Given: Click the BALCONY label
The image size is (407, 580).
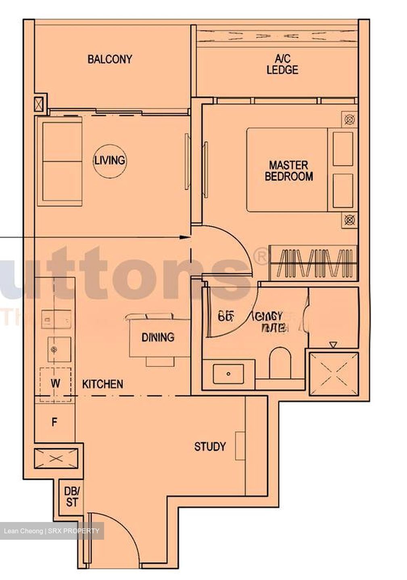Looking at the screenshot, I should (110, 59).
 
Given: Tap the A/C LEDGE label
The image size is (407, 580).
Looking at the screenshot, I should (282, 64).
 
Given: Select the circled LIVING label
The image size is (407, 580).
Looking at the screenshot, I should (109, 160).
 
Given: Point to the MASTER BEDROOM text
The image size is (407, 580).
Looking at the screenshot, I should (288, 171).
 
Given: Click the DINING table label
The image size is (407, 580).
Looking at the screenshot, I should (158, 337).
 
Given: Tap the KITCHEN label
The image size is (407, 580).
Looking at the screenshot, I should (102, 384).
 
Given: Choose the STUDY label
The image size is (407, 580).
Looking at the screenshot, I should (210, 447).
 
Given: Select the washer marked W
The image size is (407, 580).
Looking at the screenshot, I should (55, 383).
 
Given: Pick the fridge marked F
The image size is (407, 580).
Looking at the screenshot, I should (54, 422).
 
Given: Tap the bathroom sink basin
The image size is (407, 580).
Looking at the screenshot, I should (228, 374).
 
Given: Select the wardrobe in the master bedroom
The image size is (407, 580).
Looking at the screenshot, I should (313, 263).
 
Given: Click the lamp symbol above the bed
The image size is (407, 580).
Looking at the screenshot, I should (349, 120).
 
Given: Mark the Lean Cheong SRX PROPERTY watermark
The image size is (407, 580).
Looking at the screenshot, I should (52, 531).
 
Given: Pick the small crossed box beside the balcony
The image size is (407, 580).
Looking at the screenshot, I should (39, 104).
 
